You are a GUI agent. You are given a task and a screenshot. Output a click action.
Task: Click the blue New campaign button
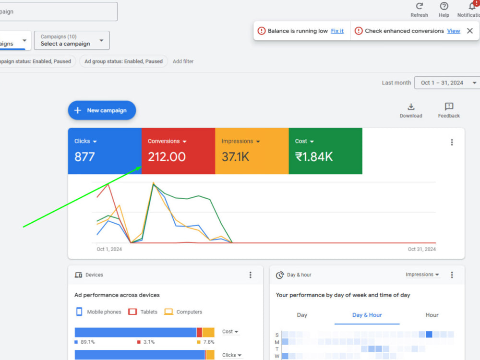[x=102, y=110]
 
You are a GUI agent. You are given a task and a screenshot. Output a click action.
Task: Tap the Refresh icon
[x=420, y=6]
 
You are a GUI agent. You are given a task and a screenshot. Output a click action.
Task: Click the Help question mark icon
[x=444, y=6]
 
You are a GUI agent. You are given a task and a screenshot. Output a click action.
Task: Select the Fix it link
[x=337, y=31]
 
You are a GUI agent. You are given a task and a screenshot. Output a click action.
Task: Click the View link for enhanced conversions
[x=454, y=31]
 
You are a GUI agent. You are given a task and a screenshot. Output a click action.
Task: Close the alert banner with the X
[x=470, y=31]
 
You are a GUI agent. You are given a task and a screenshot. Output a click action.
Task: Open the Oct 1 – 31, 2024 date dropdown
[x=447, y=83]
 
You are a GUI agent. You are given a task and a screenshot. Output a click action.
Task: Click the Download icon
[x=411, y=107]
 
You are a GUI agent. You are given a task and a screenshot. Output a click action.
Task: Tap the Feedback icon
[x=449, y=107]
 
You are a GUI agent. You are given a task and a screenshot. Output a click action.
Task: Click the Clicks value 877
[x=84, y=157]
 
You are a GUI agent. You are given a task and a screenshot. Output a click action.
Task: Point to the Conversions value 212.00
[x=167, y=157]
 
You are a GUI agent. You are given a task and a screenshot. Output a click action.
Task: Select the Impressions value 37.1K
[x=235, y=157]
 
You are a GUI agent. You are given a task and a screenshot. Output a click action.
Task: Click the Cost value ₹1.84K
[x=314, y=157]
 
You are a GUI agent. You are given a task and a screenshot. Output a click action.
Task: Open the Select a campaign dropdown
[x=72, y=40]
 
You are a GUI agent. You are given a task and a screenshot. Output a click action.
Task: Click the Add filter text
[x=183, y=61]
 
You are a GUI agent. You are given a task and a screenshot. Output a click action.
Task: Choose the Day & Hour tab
[x=367, y=315]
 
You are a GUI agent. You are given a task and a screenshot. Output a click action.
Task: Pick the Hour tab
[x=432, y=315]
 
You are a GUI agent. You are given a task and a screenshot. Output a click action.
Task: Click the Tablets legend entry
[x=143, y=312]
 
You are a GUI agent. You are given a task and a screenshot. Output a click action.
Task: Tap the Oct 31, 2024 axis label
[x=421, y=249]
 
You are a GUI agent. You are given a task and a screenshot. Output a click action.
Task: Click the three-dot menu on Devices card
[x=251, y=275]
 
